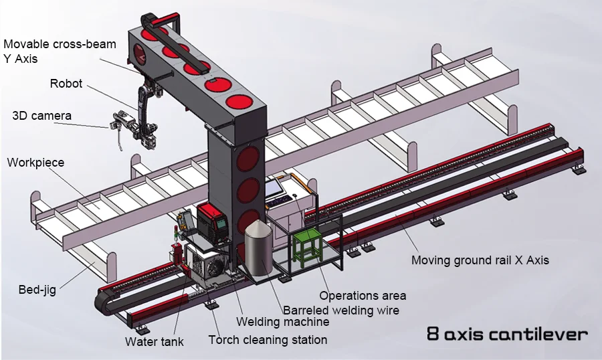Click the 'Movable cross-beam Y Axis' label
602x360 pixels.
(60, 52)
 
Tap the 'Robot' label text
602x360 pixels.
(66, 84)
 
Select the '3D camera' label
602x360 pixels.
(41, 116)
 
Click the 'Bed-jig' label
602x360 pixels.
(37, 290)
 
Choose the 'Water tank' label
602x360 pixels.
(154, 342)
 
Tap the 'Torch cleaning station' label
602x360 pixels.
(268, 340)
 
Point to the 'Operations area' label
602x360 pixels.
(362, 295)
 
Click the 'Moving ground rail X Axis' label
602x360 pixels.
(480, 260)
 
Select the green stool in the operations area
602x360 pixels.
(308, 245)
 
